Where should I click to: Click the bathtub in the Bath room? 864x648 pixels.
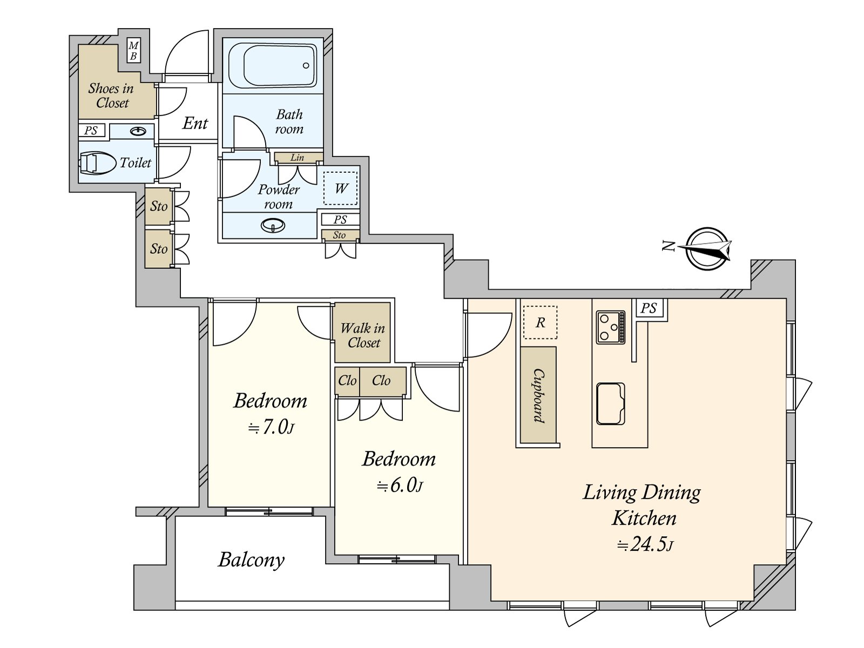(272, 65)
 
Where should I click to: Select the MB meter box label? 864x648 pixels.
(133, 51)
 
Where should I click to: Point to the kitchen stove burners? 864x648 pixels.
(611, 327)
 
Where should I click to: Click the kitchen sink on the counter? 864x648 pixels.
(611, 404)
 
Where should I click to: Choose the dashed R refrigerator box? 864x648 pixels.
(540, 322)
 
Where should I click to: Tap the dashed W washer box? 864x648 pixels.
(341, 188)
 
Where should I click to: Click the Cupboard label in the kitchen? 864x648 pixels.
(539, 395)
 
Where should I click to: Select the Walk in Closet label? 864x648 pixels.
(362, 335)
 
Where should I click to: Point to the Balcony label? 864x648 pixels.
(252, 559)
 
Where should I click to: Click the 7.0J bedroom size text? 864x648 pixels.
(271, 427)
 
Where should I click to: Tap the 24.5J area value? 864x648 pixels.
(645, 544)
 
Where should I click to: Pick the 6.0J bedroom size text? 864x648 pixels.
(400, 486)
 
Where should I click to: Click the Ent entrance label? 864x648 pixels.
(195, 124)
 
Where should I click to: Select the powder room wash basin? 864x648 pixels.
(273, 225)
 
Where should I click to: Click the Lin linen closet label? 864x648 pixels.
(297, 158)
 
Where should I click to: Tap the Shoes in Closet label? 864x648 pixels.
(111, 96)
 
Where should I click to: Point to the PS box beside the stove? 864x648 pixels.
(649, 308)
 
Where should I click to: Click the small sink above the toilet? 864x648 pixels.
(138, 131)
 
